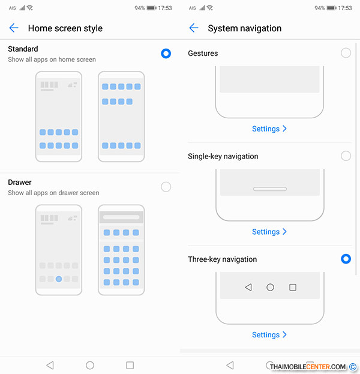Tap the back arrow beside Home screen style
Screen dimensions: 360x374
tap(14, 28)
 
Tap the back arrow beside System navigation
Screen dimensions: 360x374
tap(194, 28)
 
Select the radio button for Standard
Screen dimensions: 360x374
tap(166, 53)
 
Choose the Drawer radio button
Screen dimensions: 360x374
tap(166, 187)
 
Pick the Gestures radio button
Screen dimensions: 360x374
tap(346, 53)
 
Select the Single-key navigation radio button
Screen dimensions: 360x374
tap(346, 155)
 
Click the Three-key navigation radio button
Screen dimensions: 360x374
tap(346, 259)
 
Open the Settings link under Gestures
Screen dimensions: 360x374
tap(269, 129)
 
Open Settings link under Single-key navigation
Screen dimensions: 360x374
tap(269, 232)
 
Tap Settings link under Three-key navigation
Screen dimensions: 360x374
tap(269, 335)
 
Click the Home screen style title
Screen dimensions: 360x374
tap(65, 28)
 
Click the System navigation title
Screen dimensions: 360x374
tap(245, 28)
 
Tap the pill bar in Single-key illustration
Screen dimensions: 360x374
tap(270, 189)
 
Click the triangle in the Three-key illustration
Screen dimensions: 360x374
tap(248, 287)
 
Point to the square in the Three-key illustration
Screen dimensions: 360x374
tap(293, 287)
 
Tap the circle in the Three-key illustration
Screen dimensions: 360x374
tap(270, 287)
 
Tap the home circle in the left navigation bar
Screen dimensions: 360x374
tap(90, 365)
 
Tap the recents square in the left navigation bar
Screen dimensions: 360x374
tap(130, 365)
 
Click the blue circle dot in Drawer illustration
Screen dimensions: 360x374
tap(59, 279)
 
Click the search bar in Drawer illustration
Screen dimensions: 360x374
tap(121, 217)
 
